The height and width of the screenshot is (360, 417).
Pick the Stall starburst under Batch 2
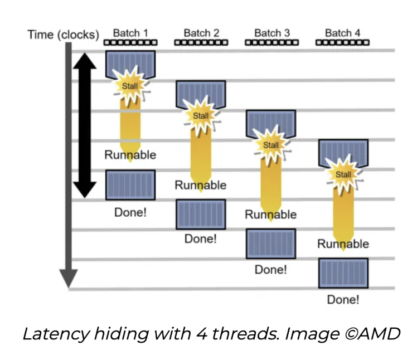(201, 116)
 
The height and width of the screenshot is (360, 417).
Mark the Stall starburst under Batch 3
(271, 145)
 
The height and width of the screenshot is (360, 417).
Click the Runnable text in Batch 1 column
(130, 155)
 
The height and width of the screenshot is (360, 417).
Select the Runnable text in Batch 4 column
(343, 244)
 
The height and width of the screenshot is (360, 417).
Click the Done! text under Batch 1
(130, 212)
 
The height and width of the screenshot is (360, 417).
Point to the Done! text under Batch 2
(201, 239)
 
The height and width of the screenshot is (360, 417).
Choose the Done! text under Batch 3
(271, 270)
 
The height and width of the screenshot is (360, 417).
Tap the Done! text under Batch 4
(343, 299)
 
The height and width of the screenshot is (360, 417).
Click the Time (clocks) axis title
(63, 35)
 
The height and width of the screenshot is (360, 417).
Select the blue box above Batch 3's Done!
(271, 244)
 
